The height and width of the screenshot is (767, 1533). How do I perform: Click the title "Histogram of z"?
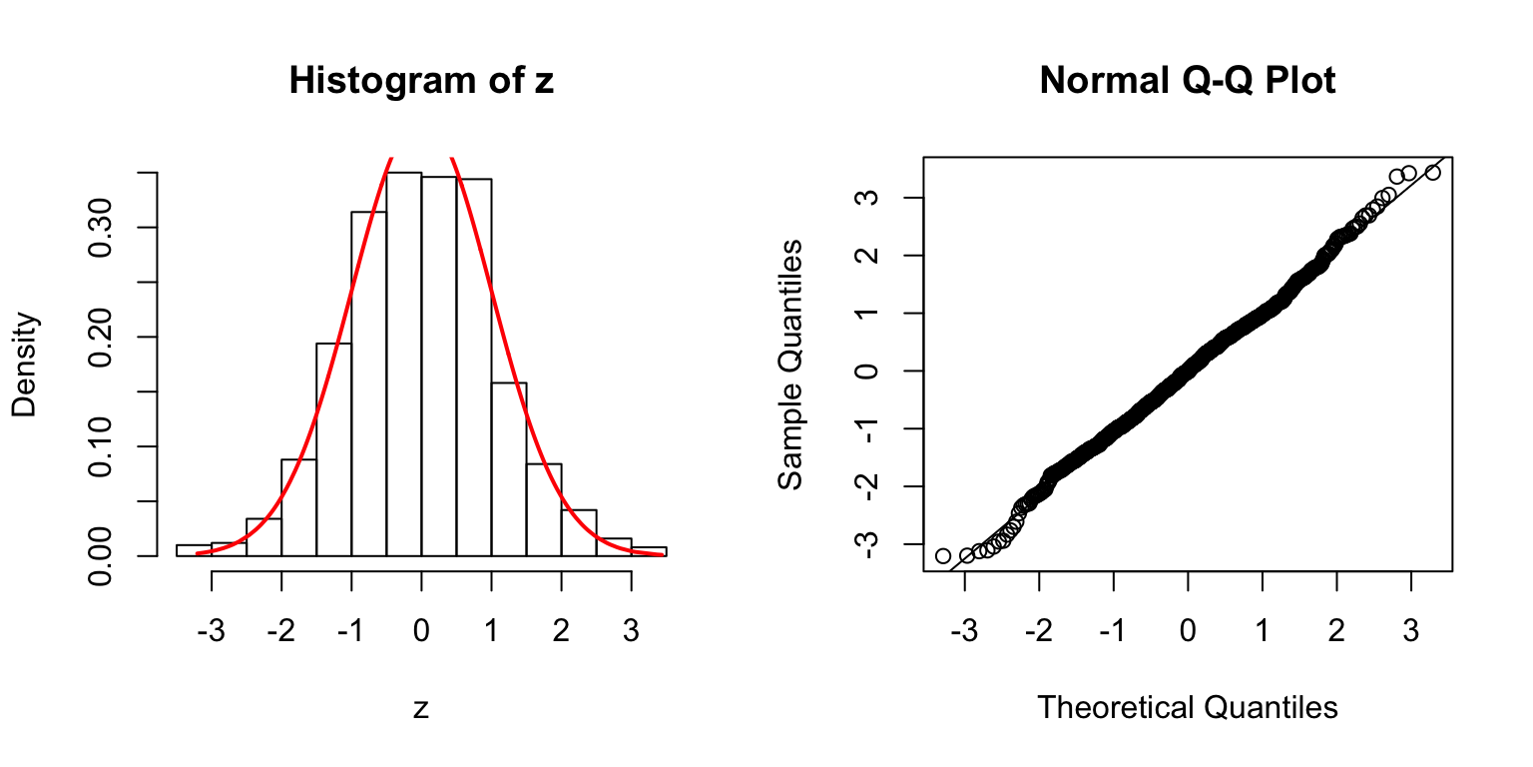(x=421, y=81)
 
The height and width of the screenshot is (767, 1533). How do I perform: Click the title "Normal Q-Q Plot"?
(x=1188, y=81)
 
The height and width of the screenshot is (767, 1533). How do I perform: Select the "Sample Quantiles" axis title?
(x=790, y=365)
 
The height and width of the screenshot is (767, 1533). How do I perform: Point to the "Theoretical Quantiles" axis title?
(x=1188, y=707)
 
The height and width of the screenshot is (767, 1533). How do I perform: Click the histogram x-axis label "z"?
(x=421, y=707)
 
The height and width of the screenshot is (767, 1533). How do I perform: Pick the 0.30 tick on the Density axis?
(x=100, y=228)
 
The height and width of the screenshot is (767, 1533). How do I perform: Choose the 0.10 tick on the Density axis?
(x=100, y=446)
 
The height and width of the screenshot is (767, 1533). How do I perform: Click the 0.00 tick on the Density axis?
(x=100, y=555)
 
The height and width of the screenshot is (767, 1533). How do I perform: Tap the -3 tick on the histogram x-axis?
(x=212, y=605)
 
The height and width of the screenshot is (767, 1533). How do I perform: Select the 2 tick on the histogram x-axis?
(x=561, y=605)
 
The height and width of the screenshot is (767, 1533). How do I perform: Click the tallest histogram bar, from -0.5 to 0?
(x=403, y=365)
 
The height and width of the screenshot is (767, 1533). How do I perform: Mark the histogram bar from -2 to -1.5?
(x=298, y=507)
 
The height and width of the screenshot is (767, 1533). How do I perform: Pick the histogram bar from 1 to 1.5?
(x=508, y=469)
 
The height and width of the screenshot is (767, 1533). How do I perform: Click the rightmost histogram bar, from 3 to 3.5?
(x=649, y=551)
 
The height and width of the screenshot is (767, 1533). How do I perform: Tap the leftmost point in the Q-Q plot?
(x=943, y=555)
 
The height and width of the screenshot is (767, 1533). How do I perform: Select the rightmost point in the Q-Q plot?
(x=1433, y=173)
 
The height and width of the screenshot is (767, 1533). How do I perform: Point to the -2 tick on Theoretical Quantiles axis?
(x=1039, y=605)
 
